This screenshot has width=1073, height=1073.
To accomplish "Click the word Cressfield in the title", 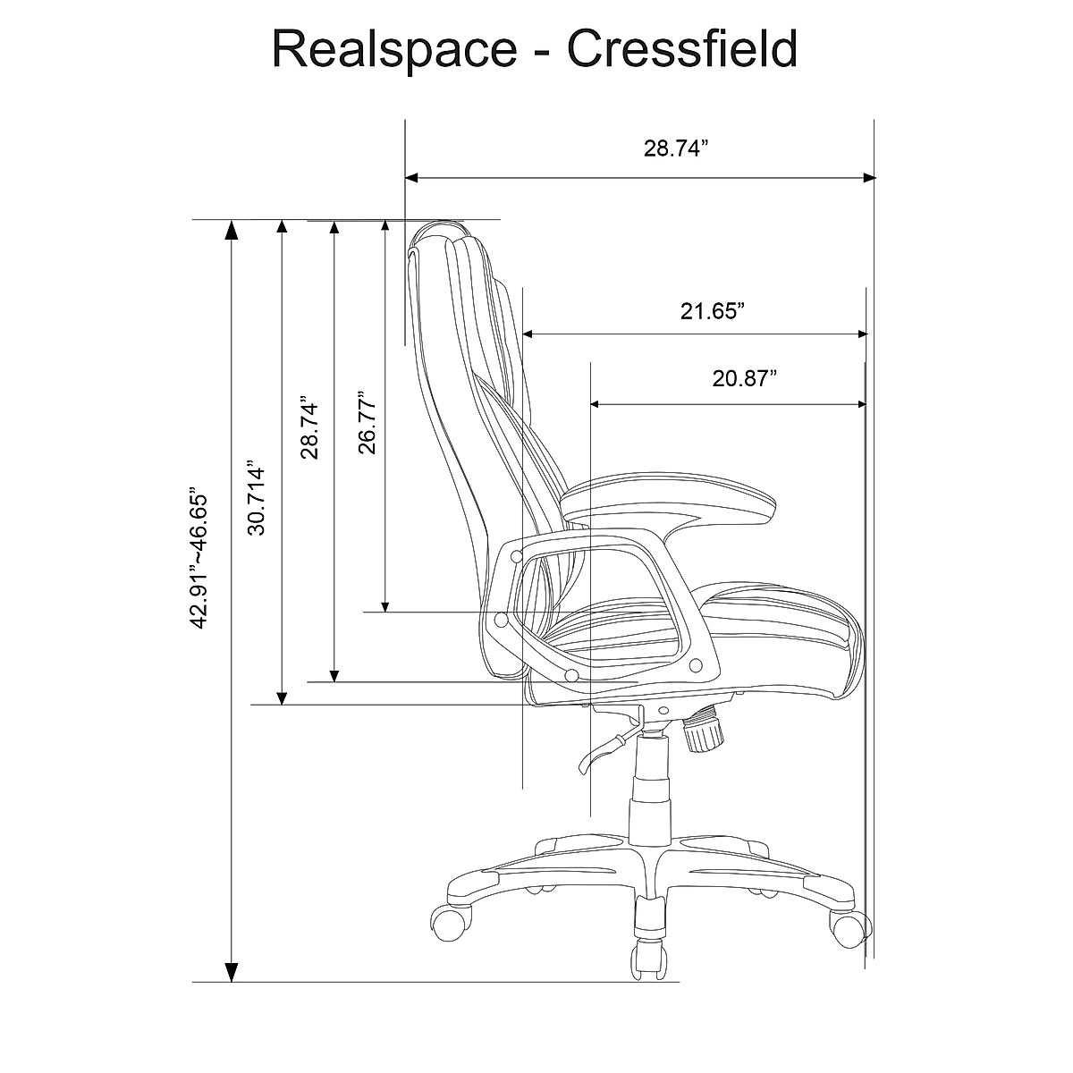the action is point(682,49).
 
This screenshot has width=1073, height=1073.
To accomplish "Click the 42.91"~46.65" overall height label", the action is point(199,558).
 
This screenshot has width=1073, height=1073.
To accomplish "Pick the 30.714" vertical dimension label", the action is point(258,499).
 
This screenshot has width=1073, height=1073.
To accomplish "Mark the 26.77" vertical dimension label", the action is point(366,422).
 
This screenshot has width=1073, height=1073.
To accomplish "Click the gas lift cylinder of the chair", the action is point(651,787).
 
